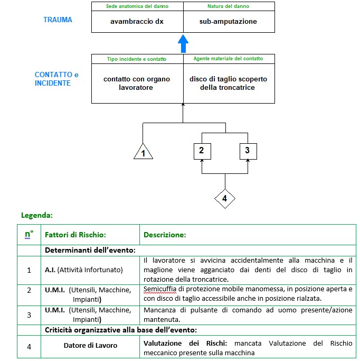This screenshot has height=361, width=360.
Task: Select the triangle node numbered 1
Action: [x=143, y=152]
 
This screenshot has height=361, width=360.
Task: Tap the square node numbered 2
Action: [x=202, y=151]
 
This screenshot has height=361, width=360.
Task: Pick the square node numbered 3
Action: [x=248, y=151]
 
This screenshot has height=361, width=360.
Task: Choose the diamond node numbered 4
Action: [x=225, y=199]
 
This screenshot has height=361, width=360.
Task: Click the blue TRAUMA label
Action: [x=58, y=20]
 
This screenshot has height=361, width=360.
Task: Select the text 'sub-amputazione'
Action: [x=228, y=22]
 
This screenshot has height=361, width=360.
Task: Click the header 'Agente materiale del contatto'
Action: [x=228, y=59]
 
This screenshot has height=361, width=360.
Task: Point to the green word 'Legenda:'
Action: [x=37, y=216]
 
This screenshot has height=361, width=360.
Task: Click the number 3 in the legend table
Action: [x=29, y=314]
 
